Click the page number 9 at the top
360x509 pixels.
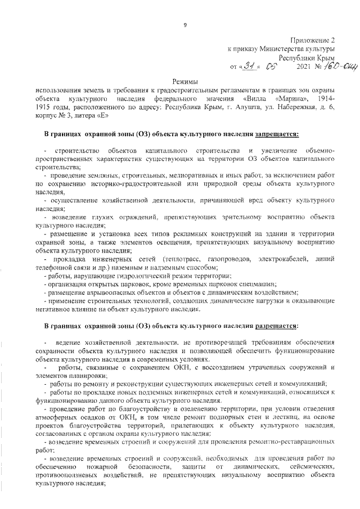(x=184, y=24)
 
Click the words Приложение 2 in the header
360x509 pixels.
(x=313, y=40)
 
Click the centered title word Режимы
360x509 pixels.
(x=185, y=82)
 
